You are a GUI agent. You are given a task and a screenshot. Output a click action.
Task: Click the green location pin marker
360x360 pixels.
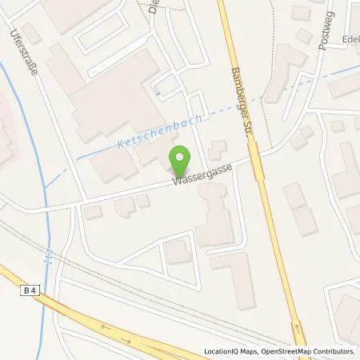click(182, 158)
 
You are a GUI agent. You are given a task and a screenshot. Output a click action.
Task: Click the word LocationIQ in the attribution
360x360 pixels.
click(222, 351)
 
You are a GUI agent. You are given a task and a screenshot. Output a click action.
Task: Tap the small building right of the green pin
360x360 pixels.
click(216, 150)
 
